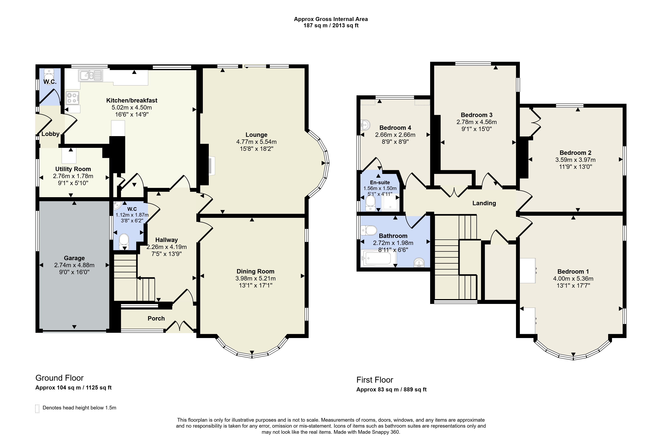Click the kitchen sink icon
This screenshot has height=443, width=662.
[x=91, y=75]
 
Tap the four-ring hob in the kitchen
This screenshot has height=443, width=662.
[x=72, y=98]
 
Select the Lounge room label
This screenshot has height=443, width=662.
[x=256, y=135]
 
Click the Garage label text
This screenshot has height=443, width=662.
[x=74, y=258]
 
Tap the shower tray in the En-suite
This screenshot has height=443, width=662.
[x=391, y=202]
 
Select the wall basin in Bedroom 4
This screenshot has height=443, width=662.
[x=365, y=125]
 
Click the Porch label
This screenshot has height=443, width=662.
[x=156, y=318]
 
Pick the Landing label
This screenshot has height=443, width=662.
[x=484, y=203]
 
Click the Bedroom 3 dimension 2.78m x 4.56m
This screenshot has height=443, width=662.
[x=476, y=122]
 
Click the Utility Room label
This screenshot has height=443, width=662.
[x=73, y=169]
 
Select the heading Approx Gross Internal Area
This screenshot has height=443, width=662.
[x=331, y=19]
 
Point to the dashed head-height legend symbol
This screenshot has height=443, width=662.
[x=37, y=409]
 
